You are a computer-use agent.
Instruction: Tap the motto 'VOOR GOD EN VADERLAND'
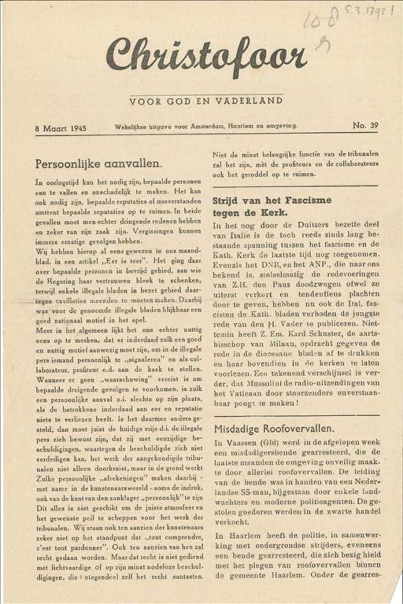(205, 101)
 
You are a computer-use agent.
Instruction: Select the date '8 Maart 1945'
(61, 127)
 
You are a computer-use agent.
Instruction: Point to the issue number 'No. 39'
(365, 126)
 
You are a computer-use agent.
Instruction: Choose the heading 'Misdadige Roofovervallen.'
(272, 429)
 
